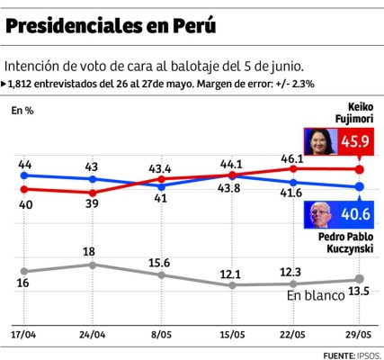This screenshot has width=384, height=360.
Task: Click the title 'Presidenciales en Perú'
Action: tap(111, 26)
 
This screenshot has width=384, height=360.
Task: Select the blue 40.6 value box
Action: tap(351, 214)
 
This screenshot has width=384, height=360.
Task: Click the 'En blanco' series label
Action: tap(316, 294)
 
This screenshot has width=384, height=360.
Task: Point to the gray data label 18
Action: tap(90, 252)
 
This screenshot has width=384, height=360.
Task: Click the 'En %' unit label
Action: tap(22, 111)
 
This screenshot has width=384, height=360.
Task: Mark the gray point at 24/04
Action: tap(92, 265)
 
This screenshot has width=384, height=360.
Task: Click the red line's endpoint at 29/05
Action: tap(360, 169)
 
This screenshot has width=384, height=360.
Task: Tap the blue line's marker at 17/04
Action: tap(24, 175)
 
